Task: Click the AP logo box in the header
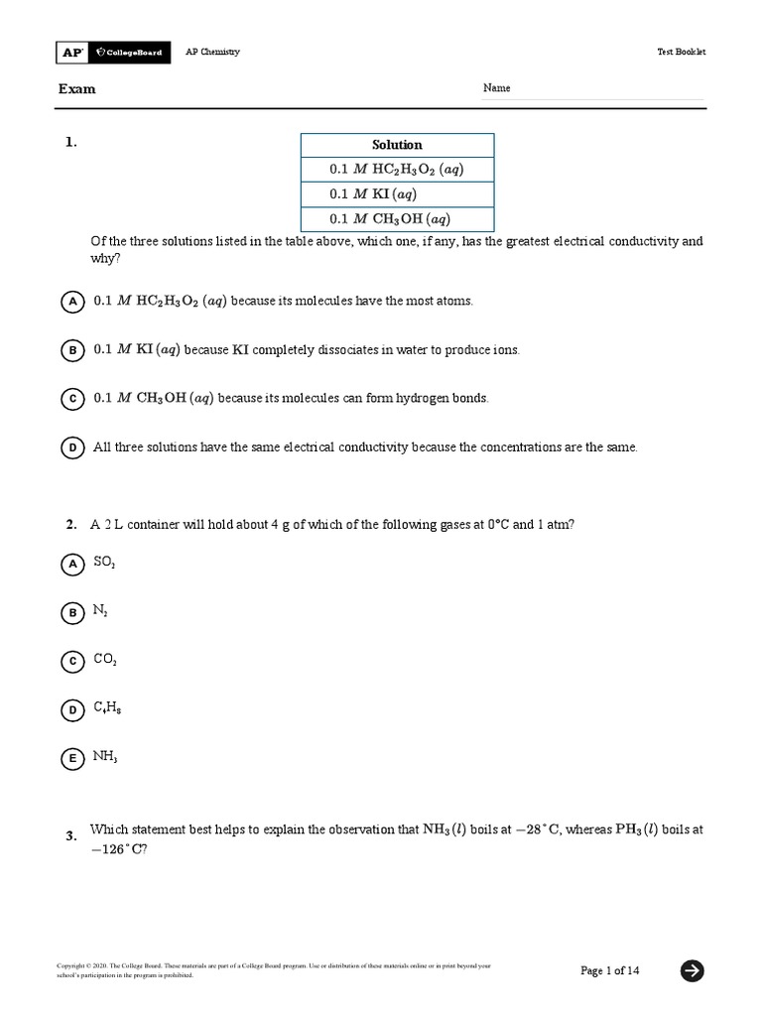click(71, 52)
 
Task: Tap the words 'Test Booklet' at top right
click(681, 53)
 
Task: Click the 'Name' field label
click(497, 88)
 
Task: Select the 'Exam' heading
click(76, 89)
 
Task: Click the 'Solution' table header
click(397, 145)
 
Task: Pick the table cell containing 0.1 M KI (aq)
click(397, 194)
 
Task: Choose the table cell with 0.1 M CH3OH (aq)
click(397, 219)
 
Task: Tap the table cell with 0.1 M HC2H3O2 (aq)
click(397, 170)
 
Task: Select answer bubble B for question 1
click(72, 350)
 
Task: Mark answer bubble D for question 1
click(72, 448)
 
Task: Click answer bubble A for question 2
click(72, 564)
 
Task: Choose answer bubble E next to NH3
click(72, 759)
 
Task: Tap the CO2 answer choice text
click(105, 659)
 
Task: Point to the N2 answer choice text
click(100, 611)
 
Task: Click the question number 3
click(71, 836)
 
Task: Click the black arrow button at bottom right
click(693, 970)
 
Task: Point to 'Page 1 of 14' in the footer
click(610, 970)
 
